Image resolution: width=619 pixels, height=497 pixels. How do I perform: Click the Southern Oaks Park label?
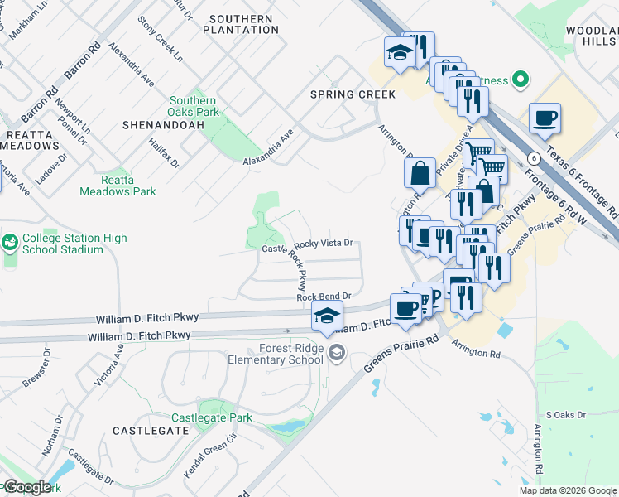193,106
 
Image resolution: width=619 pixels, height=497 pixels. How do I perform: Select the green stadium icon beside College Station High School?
10,243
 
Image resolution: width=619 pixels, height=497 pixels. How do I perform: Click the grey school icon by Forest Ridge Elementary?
336,355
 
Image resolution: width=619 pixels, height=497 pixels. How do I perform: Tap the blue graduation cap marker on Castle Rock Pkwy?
328,316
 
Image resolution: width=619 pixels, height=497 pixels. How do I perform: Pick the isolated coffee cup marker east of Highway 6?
545,118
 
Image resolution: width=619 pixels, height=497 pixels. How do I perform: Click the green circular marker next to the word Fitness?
520,80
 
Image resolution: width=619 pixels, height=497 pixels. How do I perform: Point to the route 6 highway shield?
535,157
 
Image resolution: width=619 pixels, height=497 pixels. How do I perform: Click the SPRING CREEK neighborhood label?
353,94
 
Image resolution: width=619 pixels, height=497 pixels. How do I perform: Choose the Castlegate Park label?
212,418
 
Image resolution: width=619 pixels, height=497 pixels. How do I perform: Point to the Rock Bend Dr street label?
324,297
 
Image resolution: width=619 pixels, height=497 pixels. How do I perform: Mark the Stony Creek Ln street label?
161,38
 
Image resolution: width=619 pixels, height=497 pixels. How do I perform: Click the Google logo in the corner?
26,487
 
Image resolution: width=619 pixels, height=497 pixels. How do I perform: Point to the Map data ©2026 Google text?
568,490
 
